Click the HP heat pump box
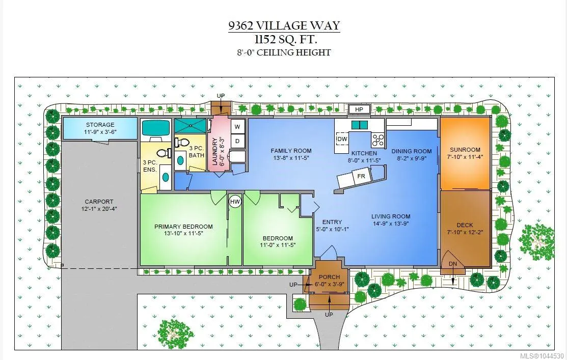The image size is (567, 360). click(x=359, y=109)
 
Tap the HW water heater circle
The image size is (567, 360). click(x=235, y=202)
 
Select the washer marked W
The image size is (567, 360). click(x=237, y=126)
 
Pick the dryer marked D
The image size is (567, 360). click(x=237, y=141)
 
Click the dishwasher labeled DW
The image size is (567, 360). click(x=342, y=139)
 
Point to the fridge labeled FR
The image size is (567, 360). click(x=361, y=176)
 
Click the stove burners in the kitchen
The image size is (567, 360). click(x=378, y=140)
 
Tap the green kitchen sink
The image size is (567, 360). click(x=360, y=125)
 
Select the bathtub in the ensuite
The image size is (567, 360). click(x=155, y=128)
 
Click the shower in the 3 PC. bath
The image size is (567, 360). click(x=190, y=125)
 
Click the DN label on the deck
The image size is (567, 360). click(x=453, y=264)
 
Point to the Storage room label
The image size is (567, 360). click(x=100, y=125)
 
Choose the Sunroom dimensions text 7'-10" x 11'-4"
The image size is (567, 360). click(x=465, y=157)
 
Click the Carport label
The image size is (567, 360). click(x=99, y=202)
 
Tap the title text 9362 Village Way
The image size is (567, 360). click(x=284, y=25)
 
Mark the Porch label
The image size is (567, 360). click(x=329, y=277)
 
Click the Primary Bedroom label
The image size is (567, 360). click(x=183, y=227)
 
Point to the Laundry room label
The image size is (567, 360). click(x=215, y=151)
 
